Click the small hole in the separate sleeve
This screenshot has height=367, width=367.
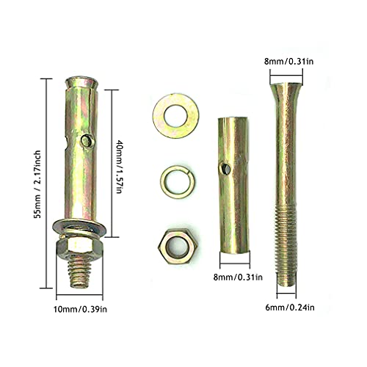pyautogui.click(x=228, y=170)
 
